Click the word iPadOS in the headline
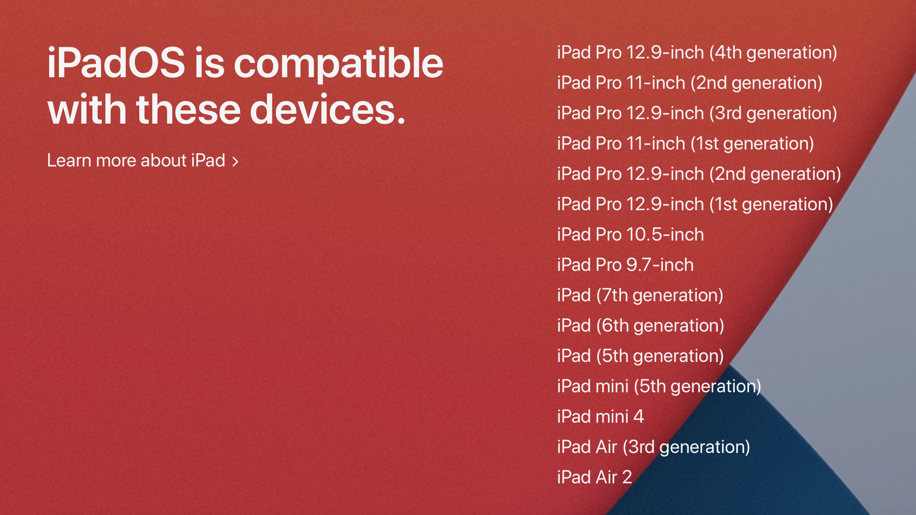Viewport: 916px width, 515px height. pos(116,63)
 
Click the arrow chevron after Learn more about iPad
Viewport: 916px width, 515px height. pos(235,162)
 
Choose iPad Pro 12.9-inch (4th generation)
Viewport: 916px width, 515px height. pos(697,53)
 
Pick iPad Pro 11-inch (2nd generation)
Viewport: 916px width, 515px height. pos(690,83)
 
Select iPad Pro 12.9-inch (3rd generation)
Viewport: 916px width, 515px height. pos(697,114)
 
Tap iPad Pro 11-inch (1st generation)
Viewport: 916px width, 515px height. pos(686,144)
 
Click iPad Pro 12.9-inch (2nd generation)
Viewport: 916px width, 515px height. pos(699,174)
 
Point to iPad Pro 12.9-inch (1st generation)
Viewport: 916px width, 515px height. pos(695,205)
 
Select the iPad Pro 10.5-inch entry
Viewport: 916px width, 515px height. pos(630,235)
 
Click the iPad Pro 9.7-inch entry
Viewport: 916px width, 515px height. pos(625,265)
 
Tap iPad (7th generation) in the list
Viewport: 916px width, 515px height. pos(640,296)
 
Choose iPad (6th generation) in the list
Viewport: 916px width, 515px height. pos(641,326)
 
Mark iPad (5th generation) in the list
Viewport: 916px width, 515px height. pos(640,357)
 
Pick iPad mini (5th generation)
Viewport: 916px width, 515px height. pos(659,387)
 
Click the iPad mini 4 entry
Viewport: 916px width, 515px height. pos(600,417)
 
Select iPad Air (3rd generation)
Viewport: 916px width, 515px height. pos(654,448)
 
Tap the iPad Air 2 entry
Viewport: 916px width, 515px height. pos(595,478)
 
